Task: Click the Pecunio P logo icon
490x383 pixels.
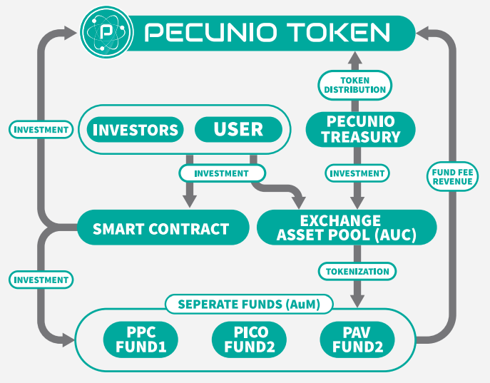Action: pyautogui.click(x=106, y=32)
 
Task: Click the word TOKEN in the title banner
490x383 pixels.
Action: pyautogui.click(x=338, y=33)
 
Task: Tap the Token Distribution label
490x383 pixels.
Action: pyautogui.click(x=355, y=84)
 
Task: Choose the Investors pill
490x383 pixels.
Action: pyautogui.click(x=136, y=130)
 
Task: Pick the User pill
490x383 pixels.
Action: pyautogui.click(x=238, y=130)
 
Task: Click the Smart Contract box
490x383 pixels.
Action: pyautogui.click(x=160, y=229)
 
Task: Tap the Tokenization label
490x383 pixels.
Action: pyautogui.click(x=357, y=272)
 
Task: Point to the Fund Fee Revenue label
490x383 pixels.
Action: pyautogui.click(x=452, y=176)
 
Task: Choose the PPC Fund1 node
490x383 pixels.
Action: pyautogui.click(x=141, y=339)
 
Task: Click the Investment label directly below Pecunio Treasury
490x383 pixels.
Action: pyautogui.click(x=357, y=173)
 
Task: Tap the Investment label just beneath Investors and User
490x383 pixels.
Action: pyautogui.click(x=221, y=173)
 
